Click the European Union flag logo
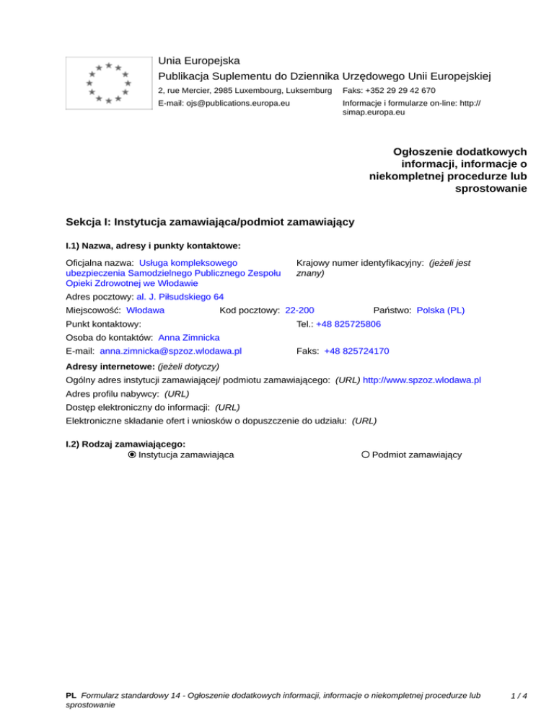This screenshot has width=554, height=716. pyautogui.click(x=108, y=83)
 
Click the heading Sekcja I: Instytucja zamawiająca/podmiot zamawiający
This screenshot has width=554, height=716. pyautogui.click(x=209, y=222)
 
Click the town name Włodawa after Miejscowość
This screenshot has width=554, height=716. pyautogui.click(x=145, y=310)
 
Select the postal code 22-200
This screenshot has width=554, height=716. pyautogui.click(x=299, y=310)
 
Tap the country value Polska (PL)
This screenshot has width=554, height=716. pyautogui.click(x=441, y=310)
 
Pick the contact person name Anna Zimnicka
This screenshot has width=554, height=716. pyautogui.click(x=189, y=337)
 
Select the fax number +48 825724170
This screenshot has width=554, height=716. pyautogui.click(x=356, y=351)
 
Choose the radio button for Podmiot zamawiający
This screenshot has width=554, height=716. pyautogui.click(x=366, y=455)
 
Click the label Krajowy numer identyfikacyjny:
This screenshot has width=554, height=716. pyautogui.click(x=359, y=264)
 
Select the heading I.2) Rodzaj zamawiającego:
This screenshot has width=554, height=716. pyautogui.click(x=126, y=444)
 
